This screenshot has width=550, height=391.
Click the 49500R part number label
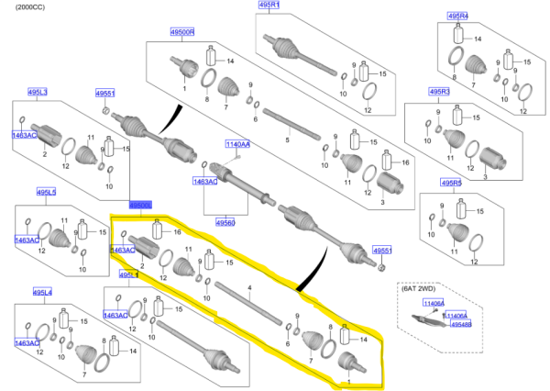(181, 33)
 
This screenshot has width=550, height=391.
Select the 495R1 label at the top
(271, 5)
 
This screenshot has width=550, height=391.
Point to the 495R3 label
(441, 92)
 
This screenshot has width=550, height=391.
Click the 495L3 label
(38, 93)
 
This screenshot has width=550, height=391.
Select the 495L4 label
(42, 292)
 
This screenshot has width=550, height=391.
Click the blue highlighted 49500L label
(140, 206)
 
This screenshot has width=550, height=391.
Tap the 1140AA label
(238, 143)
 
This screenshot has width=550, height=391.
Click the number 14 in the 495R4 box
(477, 39)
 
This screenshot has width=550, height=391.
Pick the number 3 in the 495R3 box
(484, 177)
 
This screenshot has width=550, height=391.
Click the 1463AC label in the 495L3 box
(25, 135)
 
